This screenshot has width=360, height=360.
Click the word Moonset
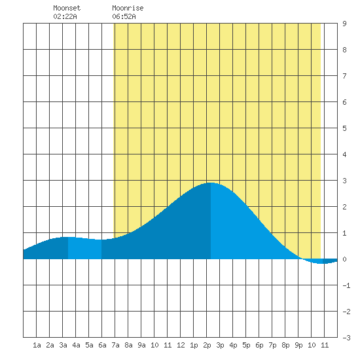pyautogui.click(x=67, y=8)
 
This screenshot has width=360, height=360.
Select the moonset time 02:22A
pyautogui.click(x=65, y=16)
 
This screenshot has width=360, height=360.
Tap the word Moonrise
pyautogui.click(x=128, y=8)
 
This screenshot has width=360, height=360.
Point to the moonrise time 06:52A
pyautogui.click(x=124, y=16)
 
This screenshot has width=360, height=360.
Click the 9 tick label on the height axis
pyautogui.click(x=344, y=24)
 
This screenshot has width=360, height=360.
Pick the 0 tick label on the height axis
pyautogui.click(x=344, y=259)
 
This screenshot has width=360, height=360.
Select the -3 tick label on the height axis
pyautogui.click(x=346, y=338)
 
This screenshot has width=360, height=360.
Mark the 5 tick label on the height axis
pyautogui.click(x=344, y=128)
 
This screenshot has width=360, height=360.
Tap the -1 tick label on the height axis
pyautogui.click(x=346, y=285)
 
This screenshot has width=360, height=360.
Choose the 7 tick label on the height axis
pyautogui.click(x=344, y=76)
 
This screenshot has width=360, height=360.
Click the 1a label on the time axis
pyautogui.click(x=37, y=345)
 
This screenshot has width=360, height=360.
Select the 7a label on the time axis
pyautogui.click(x=115, y=345)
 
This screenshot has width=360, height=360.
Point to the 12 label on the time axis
pyautogui.click(x=181, y=345)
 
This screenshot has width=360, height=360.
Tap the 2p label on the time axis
pyautogui.click(x=207, y=345)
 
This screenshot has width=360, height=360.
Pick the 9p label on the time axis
pyautogui.click(x=298, y=345)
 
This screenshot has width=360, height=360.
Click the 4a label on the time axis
pyautogui.click(x=76, y=345)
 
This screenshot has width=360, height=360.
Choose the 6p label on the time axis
pyautogui.click(x=259, y=345)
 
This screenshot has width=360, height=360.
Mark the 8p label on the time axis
pyautogui.click(x=285, y=345)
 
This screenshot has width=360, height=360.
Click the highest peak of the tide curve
pyautogui.click(x=211, y=183)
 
